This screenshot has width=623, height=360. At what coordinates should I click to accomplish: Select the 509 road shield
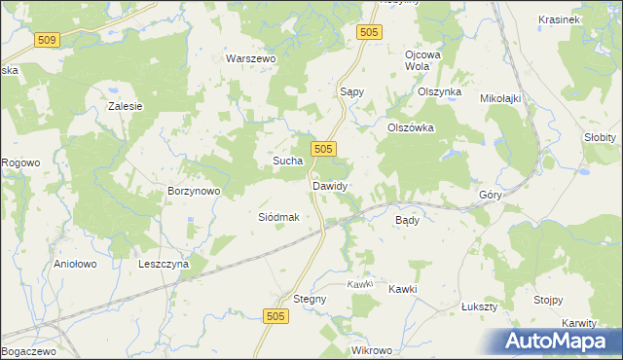[x=46, y=40]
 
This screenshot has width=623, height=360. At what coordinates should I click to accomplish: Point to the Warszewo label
[x=252, y=58]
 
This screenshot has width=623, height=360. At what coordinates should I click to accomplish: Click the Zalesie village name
[x=126, y=106]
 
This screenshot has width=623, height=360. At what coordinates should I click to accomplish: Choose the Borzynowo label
[x=195, y=192]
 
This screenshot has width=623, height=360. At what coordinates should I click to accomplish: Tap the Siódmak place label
[x=277, y=218]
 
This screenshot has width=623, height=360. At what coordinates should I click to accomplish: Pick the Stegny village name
[x=310, y=299]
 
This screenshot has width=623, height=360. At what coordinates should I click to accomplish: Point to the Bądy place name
[x=407, y=220]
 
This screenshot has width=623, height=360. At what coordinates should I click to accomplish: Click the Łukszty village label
[x=479, y=306]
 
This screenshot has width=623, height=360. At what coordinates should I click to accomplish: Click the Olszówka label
[x=410, y=127]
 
